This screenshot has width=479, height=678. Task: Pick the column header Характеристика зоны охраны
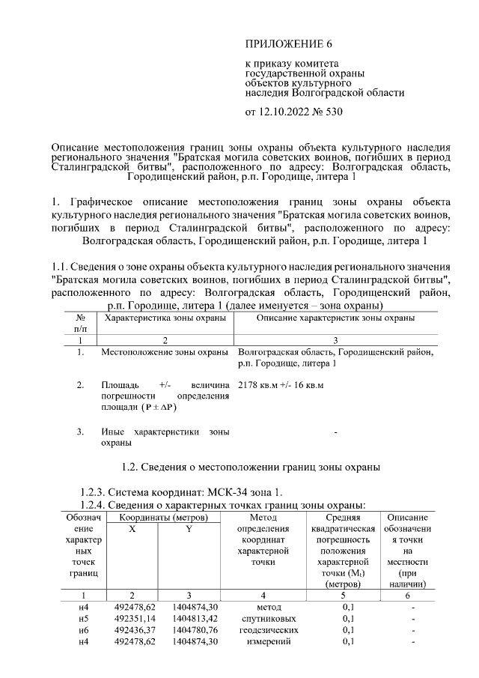coord(165,318)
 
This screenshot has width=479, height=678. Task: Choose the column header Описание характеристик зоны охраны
coord(335,318)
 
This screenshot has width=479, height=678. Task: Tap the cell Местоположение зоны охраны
coord(165,351)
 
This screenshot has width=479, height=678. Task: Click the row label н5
coord(85,619)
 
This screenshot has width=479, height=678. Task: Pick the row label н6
coord(85,630)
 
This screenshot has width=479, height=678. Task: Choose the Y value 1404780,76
coord(190,630)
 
